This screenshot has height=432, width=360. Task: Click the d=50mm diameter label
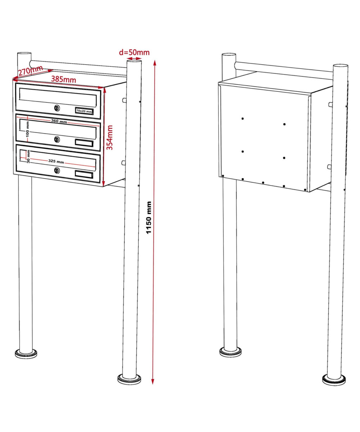pos(134,52)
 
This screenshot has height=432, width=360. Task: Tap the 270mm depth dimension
pos(30,70)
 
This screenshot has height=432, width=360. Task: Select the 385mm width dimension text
pos(63,79)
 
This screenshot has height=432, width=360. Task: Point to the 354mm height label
pos(110,138)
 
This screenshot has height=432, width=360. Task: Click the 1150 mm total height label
pos(149,217)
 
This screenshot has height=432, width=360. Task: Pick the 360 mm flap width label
pos(59,122)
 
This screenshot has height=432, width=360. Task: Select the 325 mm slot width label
pos(56,161)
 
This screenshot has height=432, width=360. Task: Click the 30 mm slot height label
pos(28,157)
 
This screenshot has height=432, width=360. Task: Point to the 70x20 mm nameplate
pos(84,111)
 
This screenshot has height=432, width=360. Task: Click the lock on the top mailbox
pos(57,108)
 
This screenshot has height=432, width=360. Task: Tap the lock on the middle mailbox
pos(57,139)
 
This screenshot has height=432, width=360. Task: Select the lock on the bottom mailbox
pos(57,171)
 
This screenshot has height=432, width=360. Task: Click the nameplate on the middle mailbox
pos(84,143)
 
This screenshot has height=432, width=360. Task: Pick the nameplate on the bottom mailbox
pos(84,174)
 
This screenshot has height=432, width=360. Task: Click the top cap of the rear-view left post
pos(229,55)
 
